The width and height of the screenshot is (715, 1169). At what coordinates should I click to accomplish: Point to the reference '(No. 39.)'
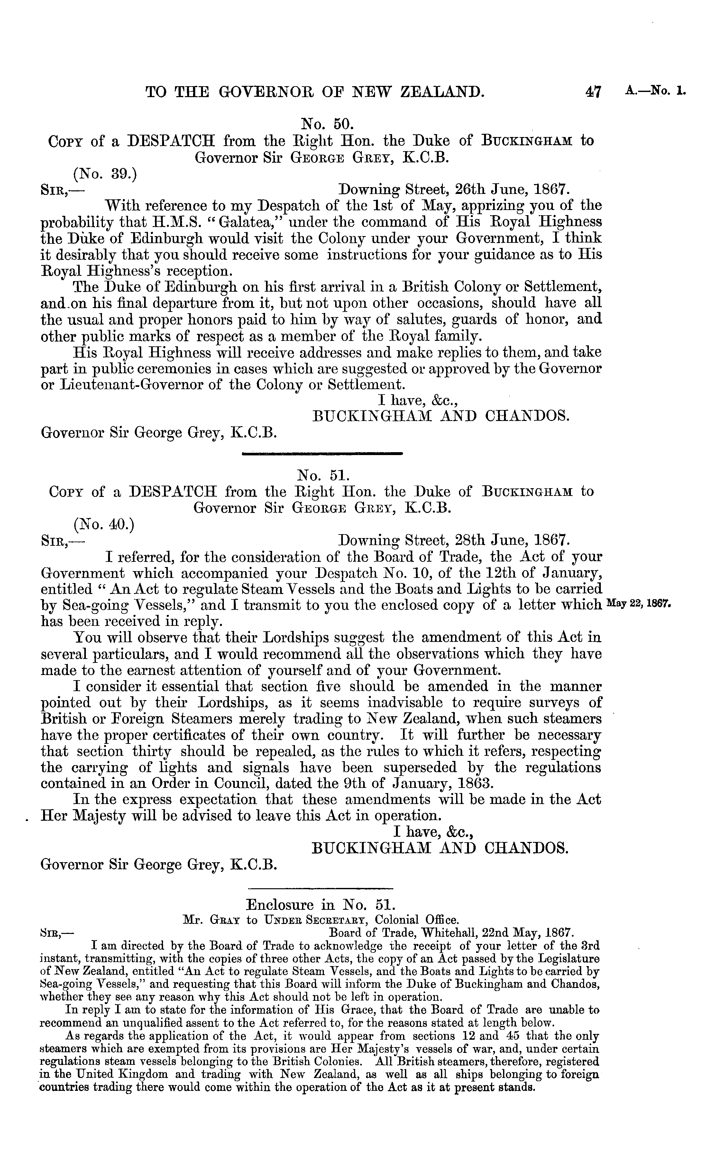coord(105,174)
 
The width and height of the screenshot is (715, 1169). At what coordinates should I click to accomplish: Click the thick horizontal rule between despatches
coord(322,453)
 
